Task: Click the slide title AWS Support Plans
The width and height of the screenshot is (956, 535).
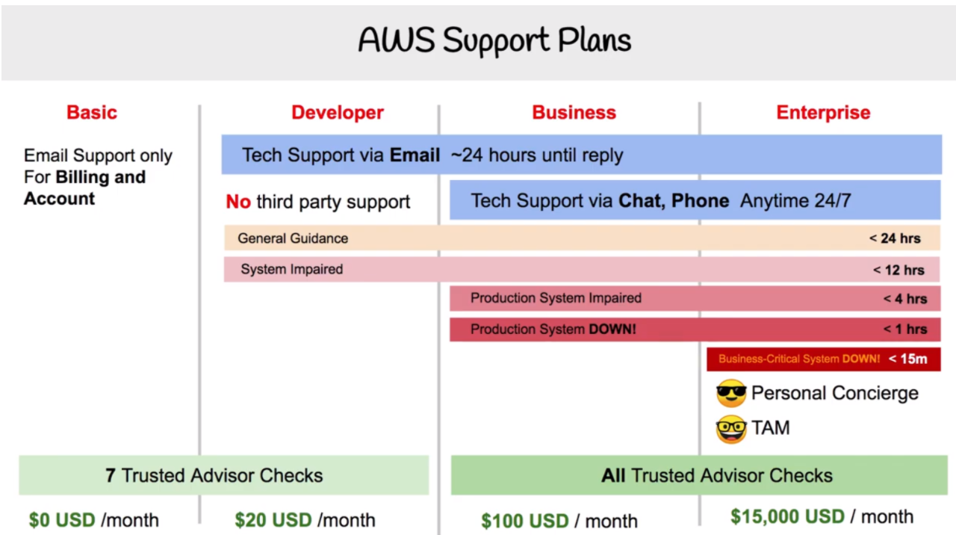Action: pos(494,41)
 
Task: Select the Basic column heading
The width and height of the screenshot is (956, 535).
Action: pos(92,112)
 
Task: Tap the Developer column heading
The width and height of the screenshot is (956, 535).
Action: pos(338,113)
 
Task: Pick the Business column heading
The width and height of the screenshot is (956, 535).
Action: pos(574,112)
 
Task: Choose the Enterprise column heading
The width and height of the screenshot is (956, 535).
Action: pos(823,113)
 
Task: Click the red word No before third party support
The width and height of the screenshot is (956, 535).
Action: pos(238,202)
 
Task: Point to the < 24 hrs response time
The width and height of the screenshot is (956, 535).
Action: pos(895,238)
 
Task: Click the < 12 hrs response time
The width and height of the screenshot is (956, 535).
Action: pos(898,270)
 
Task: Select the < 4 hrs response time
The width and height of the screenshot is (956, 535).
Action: pos(905,298)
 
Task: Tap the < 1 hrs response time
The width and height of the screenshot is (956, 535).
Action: pos(905,330)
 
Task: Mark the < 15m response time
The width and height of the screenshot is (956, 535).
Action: pos(907,359)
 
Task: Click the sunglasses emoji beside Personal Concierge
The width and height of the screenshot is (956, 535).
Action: pos(731,393)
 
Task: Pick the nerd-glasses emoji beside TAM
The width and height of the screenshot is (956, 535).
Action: pos(731,429)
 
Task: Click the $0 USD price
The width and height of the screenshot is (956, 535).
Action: pos(62,520)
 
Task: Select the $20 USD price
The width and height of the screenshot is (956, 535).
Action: pos(273,520)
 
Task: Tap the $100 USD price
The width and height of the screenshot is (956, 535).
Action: pos(525,521)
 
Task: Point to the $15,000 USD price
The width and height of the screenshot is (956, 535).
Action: pos(787,516)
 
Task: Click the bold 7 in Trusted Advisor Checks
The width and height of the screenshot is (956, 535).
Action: pos(110,476)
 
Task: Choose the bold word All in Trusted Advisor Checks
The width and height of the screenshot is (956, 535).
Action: pos(613,476)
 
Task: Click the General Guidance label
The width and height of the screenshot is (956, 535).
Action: pos(293,238)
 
